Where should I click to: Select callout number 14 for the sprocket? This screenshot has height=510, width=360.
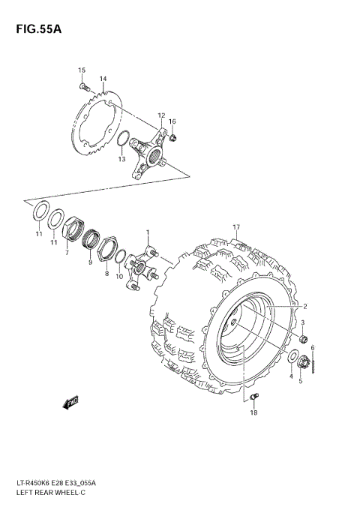(x=102, y=79)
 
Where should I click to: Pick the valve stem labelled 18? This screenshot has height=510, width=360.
(x=254, y=397)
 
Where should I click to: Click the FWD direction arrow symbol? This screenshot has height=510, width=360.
(x=70, y=403)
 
